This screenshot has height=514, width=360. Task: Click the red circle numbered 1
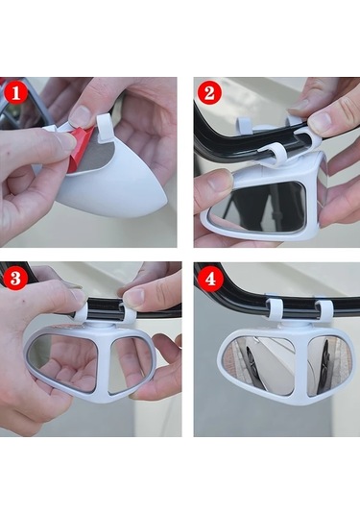click(x=15, y=93)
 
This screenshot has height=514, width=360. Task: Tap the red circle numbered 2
click(x=209, y=93)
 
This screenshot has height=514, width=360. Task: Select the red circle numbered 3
click(x=15, y=278)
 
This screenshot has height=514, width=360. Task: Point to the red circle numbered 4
click(x=210, y=280)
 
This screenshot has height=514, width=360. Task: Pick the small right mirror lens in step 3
click(x=130, y=365)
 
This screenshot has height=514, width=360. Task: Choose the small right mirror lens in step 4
click(x=329, y=364)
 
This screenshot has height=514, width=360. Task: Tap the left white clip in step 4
click(x=275, y=309)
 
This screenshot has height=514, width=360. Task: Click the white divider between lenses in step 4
click(x=301, y=365)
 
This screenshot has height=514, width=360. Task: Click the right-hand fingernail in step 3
click(x=134, y=297)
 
